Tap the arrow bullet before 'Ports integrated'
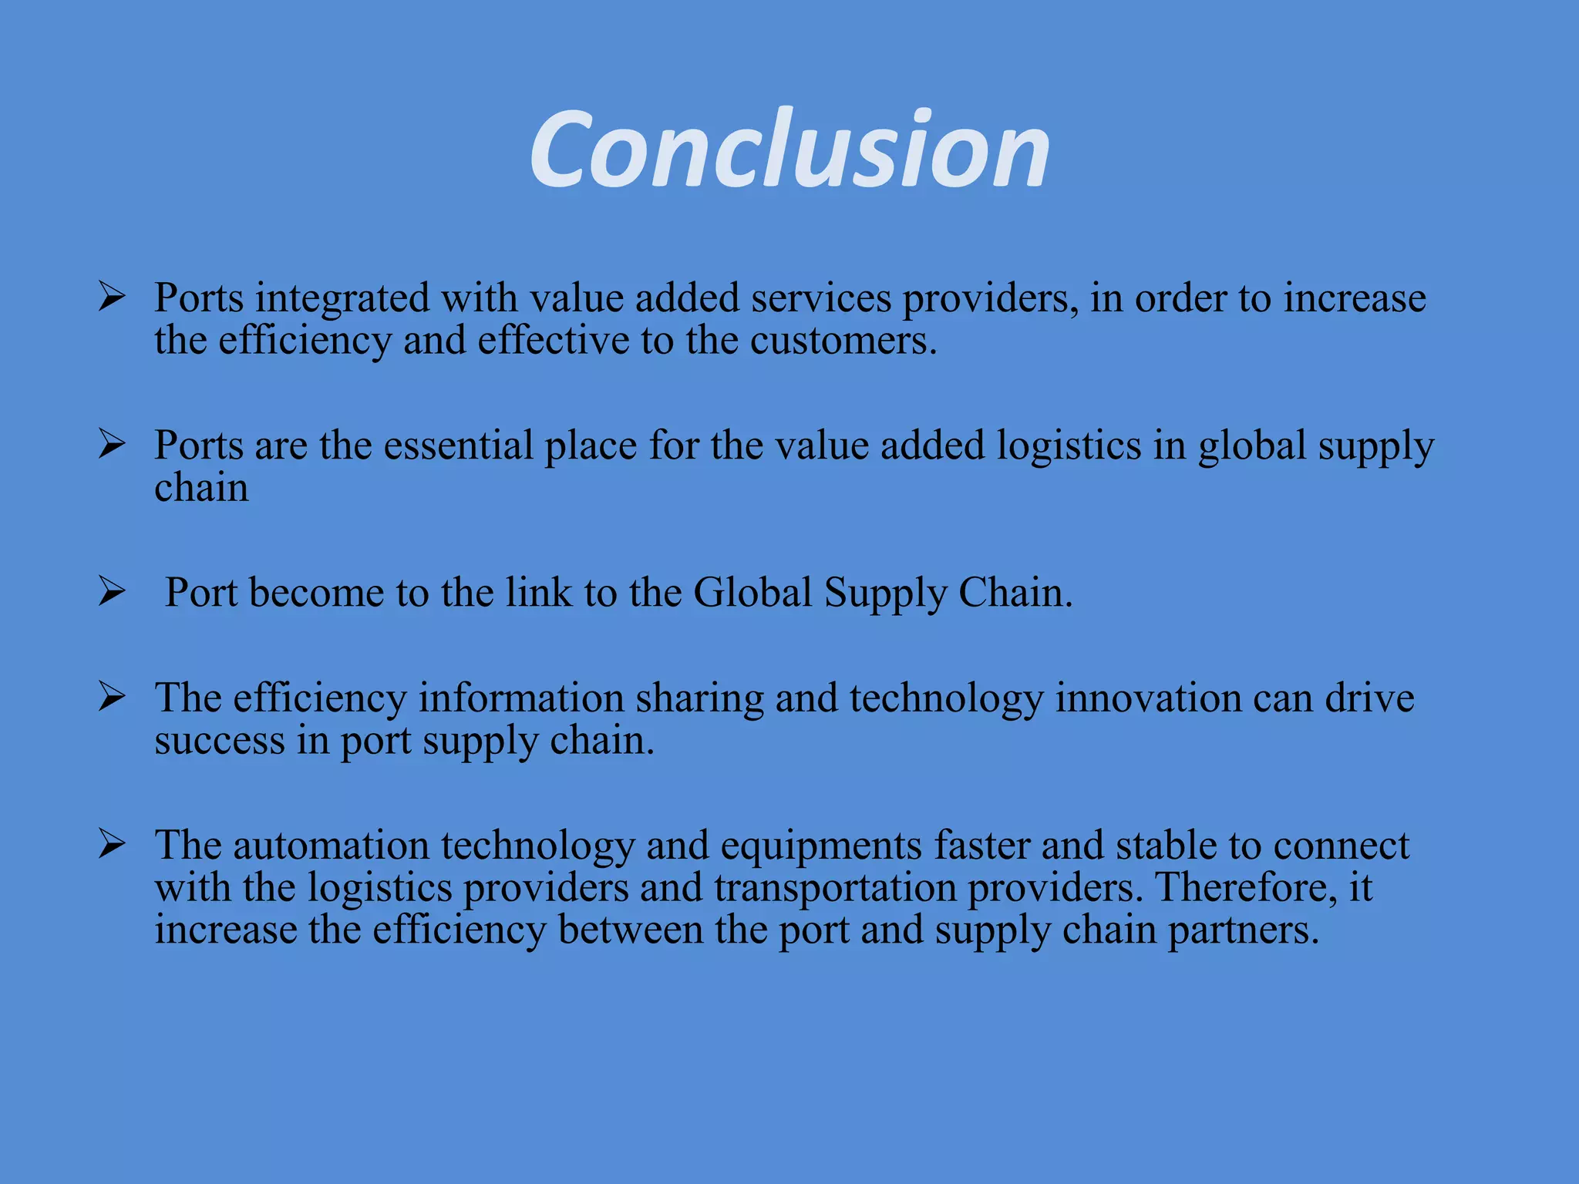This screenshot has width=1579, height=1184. pos(112,297)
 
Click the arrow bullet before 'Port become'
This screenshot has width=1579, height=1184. pos(112,591)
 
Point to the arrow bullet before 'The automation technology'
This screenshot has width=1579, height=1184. pos(112,844)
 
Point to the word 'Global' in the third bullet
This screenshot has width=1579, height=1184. pos(752,593)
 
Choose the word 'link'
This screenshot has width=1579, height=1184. pos(539,593)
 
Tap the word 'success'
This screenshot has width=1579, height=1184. pos(220,741)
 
